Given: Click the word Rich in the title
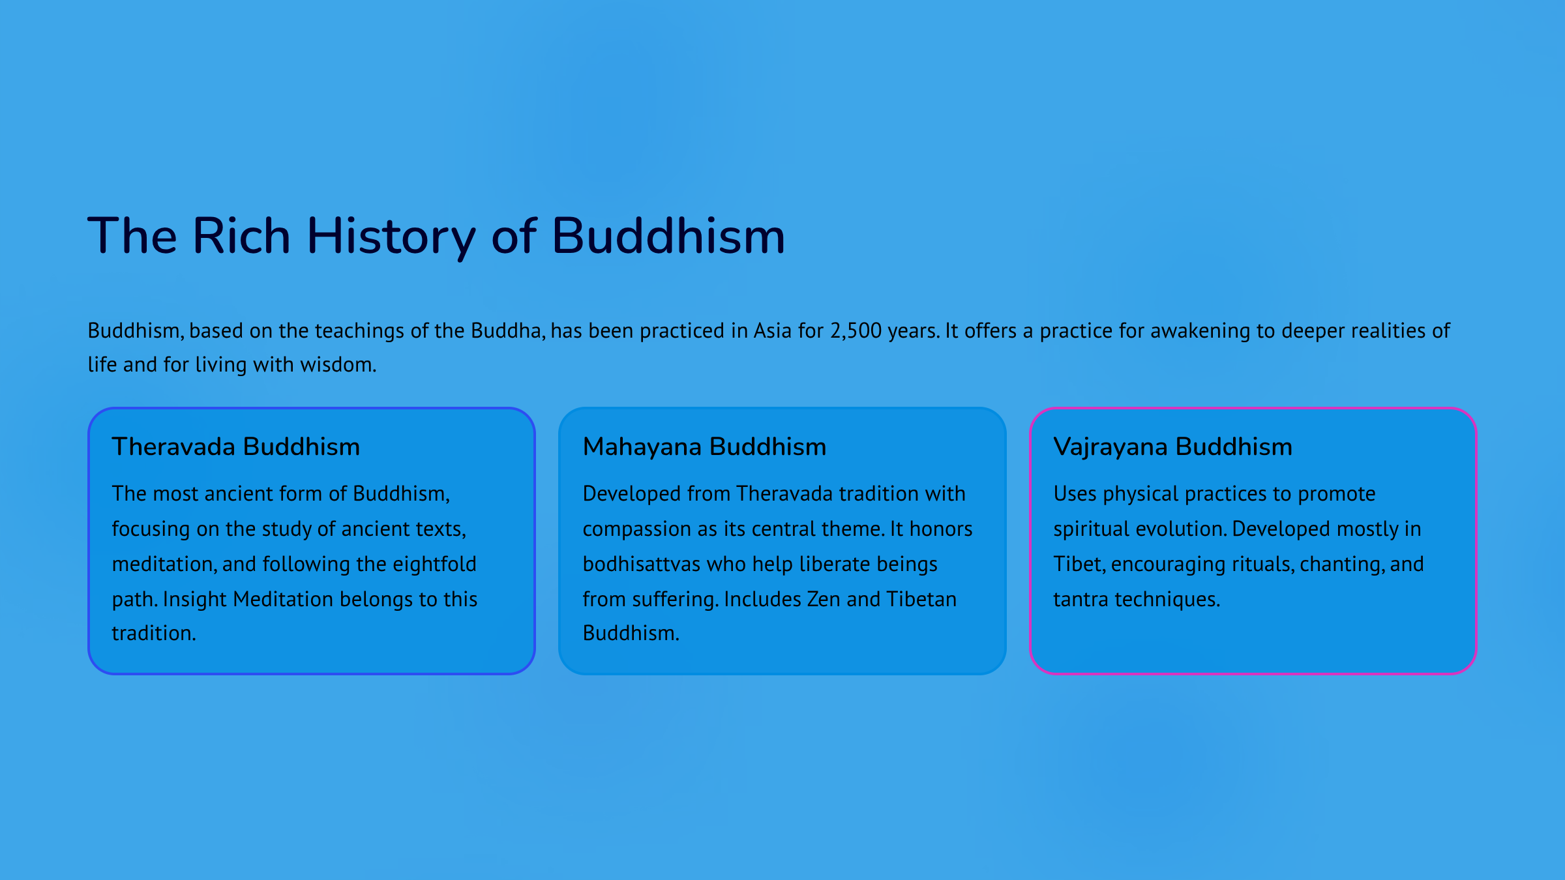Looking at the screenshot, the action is point(241,235).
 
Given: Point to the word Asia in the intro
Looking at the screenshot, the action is point(773,330).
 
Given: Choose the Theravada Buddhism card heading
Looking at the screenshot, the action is point(236,447).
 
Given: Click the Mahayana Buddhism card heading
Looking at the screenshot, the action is point(705,447).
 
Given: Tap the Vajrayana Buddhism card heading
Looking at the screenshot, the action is point(1173,447).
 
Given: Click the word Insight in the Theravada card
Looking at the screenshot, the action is point(195,600).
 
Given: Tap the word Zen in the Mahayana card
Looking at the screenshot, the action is point(824,599).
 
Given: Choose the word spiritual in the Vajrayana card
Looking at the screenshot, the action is point(1092,530).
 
